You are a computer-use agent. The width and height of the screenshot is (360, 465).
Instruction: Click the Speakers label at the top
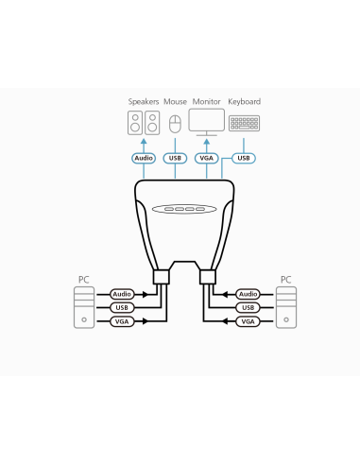pyautogui.click(x=144, y=101)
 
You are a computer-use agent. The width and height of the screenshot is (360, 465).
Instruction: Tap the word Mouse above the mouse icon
pyautogui.click(x=175, y=101)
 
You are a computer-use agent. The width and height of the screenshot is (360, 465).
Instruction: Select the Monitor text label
pyautogui.click(x=207, y=101)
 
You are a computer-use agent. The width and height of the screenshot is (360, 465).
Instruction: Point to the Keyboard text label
pyautogui.click(x=245, y=101)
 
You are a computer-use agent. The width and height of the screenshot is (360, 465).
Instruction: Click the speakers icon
pyautogui.click(x=144, y=122)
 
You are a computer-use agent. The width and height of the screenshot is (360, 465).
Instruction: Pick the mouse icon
pyautogui.click(x=175, y=123)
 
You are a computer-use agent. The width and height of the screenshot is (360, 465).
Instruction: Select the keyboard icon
pyautogui.click(x=245, y=123)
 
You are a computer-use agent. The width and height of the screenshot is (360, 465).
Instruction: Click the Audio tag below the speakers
pyautogui.click(x=144, y=158)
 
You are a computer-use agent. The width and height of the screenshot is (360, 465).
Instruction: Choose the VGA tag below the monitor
pyautogui.click(x=208, y=158)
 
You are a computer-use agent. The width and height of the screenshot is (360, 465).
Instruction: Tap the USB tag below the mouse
pyautogui.click(x=175, y=158)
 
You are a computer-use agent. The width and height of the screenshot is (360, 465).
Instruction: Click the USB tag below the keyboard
pyautogui.click(x=244, y=158)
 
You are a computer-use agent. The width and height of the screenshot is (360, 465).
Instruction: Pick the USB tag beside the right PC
pyautogui.click(x=248, y=307)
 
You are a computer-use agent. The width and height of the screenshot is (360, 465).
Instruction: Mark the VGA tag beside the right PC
pyautogui.click(x=248, y=321)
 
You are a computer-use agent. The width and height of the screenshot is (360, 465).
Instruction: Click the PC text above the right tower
pyautogui.click(x=285, y=279)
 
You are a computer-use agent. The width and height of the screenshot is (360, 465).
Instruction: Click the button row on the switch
pyautogui.click(x=184, y=209)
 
